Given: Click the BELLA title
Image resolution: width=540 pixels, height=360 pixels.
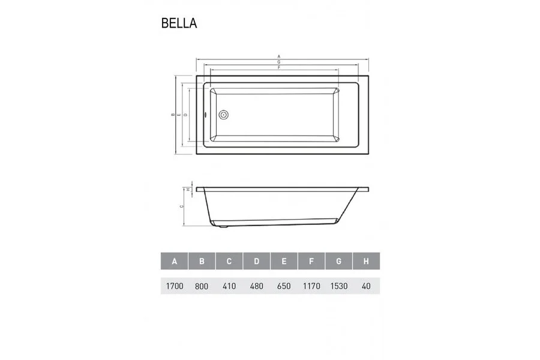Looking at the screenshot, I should coord(179,23).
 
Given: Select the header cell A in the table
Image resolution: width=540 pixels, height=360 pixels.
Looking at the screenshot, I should coord(175,261).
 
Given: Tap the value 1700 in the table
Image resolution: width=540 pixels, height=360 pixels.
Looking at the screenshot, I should coord(175,286).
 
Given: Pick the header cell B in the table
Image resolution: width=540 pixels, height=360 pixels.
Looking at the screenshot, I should coord(202,261).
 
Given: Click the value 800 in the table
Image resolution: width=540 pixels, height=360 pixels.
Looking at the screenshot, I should coord(202,286).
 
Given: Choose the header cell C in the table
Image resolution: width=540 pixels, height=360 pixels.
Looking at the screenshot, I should coord(229,261).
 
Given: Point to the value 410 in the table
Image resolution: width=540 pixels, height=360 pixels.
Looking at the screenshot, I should coord(229,286).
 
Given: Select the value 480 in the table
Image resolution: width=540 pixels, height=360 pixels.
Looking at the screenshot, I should coord(257,286).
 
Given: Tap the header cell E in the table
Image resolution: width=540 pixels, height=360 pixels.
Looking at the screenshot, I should coord(284,261).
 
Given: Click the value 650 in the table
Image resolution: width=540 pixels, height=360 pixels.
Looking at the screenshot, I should coord(284,286).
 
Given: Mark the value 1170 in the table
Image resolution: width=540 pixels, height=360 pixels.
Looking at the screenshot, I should coord(311,286).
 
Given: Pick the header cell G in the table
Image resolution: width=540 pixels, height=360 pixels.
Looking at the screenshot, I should coord(339,261).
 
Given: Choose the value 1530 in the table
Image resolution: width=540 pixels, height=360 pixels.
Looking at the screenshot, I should coord(339,286).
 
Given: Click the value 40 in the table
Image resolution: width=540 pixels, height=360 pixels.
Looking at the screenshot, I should coord(366,286).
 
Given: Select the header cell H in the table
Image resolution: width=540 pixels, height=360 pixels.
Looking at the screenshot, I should coord(366,261).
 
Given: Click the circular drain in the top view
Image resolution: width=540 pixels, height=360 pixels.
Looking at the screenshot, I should coord(224,114).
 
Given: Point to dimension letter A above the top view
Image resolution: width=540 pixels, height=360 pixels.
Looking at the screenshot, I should coord(279,57).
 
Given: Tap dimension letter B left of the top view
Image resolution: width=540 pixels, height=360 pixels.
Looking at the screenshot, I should coord(173,114).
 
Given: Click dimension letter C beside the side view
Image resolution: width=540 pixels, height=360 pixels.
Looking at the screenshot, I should coord(181,206).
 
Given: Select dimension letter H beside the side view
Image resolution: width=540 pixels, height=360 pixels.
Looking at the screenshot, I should coord(188,189).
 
